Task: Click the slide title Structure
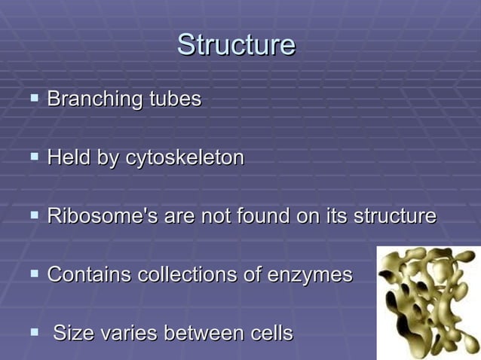[x=236, y=45]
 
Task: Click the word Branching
[x=95, y=99]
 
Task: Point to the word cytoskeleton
[x=185, y=158]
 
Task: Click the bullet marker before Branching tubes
[x=34, y=98]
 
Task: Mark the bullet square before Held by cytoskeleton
[x=34, y=157]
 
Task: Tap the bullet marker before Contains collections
[x=34, y=274]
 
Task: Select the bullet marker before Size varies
[x=34, y=332]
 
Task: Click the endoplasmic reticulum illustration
[x=427, y=302]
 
